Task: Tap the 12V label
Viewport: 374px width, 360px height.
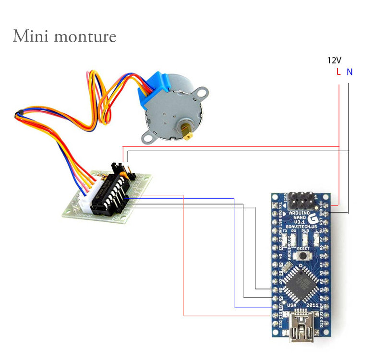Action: tap(334, 60)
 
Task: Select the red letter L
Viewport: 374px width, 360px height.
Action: tap(338, 72)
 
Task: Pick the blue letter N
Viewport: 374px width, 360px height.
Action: tap(350, 72)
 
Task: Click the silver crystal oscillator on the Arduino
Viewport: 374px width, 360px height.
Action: tap(287, 267)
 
